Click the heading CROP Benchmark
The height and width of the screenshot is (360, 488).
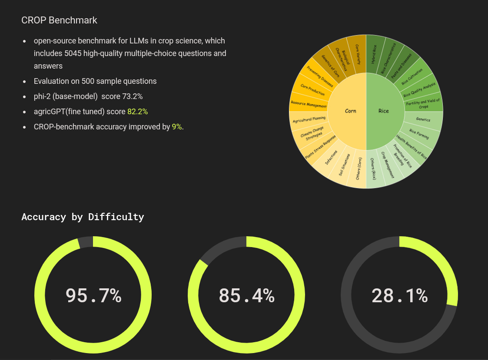tap(59, 20)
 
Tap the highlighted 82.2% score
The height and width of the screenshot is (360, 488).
tap(137, 112)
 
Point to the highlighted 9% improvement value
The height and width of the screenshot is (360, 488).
tap(176, 127)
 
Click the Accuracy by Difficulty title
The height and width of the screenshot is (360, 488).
tap(83, 217)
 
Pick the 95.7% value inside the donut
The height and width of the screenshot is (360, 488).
tap(93, 295)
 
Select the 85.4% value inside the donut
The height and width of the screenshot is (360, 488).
tap(246, 295)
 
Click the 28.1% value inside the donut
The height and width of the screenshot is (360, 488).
tap(399, 295)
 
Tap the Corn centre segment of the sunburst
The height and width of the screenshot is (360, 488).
tap(350, 111)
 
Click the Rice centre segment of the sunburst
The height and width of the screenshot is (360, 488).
tap(384, 111)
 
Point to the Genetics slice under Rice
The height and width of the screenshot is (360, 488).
tap(423, 119)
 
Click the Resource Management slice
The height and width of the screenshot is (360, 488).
tap(309, 105)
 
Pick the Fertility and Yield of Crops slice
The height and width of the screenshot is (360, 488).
tap(423, 103)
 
